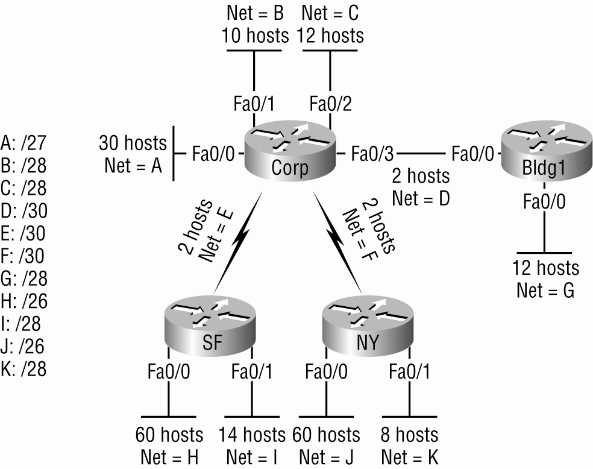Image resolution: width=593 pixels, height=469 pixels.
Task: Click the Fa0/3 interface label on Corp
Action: tap(372, 154)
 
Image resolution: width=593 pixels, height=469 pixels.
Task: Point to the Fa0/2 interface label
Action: tap(330, 104)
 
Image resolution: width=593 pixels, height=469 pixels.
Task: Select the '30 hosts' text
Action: tap(133, 143)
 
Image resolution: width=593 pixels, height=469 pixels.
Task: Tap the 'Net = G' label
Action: tap(545, 291)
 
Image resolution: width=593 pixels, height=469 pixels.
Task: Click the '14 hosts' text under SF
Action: tap(252, 435)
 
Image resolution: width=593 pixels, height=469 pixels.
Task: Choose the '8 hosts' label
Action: tap(410, 435)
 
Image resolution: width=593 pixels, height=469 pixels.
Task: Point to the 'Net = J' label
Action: tap(327, 458)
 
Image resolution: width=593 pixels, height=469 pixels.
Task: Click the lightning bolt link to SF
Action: tap(237, 243)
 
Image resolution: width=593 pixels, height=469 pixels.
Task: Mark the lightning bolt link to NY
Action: tap(337, 243)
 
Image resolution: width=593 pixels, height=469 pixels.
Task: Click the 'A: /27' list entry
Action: tap(24, 143)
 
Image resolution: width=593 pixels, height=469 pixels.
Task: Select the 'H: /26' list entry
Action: tap(24, 301)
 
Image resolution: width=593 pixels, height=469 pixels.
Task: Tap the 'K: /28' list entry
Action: tap(24, 369)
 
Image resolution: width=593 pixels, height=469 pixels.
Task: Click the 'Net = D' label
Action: tap(421, 198)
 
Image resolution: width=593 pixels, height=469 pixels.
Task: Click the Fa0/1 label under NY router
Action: tap(410, 371)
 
